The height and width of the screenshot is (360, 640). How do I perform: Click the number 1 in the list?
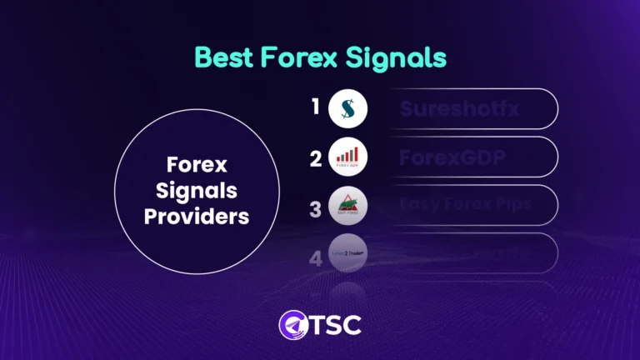[x=315, y=107]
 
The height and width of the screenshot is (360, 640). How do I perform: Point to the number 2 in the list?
[x=315, y=157]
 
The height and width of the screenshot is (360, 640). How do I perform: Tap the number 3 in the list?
[x=315, y=208]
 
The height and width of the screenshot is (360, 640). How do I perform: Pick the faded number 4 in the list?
[x=315, y=258]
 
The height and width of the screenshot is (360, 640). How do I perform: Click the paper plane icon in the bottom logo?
[x=289, y=324]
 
